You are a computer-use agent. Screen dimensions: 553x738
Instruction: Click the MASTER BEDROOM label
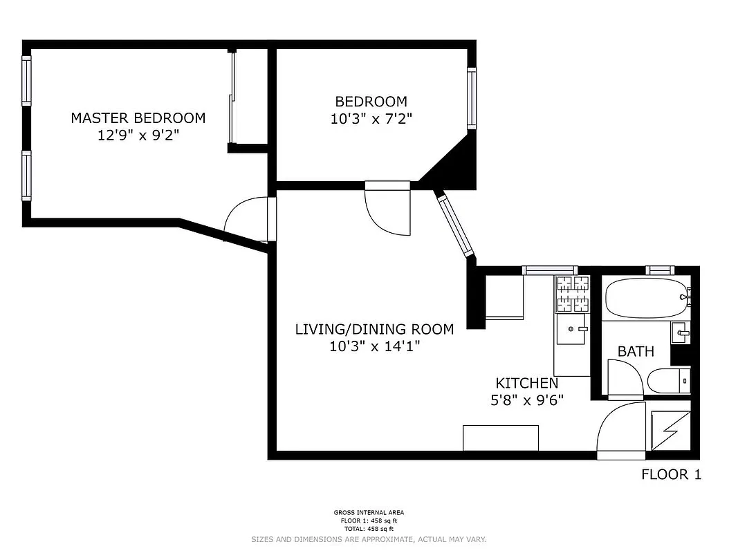click(x=138, y=118)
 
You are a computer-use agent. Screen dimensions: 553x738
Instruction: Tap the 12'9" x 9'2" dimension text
click(x=138, y=135)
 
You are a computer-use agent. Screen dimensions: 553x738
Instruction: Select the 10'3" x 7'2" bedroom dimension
click(x=371, y=118)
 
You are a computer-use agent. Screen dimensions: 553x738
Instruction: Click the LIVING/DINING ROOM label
click(x=374, y=329)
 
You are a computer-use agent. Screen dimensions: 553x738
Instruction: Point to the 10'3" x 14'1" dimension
click(x=374, y=346)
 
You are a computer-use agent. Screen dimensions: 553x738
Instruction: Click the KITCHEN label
click(x=526, y=383)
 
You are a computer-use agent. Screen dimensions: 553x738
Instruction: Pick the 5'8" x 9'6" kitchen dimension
click(x=526, y=400)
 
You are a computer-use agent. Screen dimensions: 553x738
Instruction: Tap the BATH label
click(x=636, y=351)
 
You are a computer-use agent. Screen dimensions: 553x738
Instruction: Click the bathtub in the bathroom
click(x=645, y=298)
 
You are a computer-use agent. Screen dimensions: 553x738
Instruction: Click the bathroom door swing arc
click(x=625, y=377)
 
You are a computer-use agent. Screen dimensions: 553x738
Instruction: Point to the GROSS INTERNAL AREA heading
click(x=369, y=512)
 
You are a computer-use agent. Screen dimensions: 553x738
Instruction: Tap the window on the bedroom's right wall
click(x=472, y=97)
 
